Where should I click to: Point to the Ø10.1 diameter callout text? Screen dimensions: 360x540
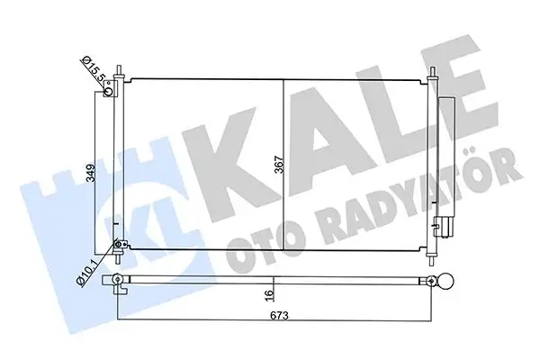pyautogui.click(x=88, y=267)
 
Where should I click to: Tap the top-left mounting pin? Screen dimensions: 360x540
pyautogui.click(x=127, y=75)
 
